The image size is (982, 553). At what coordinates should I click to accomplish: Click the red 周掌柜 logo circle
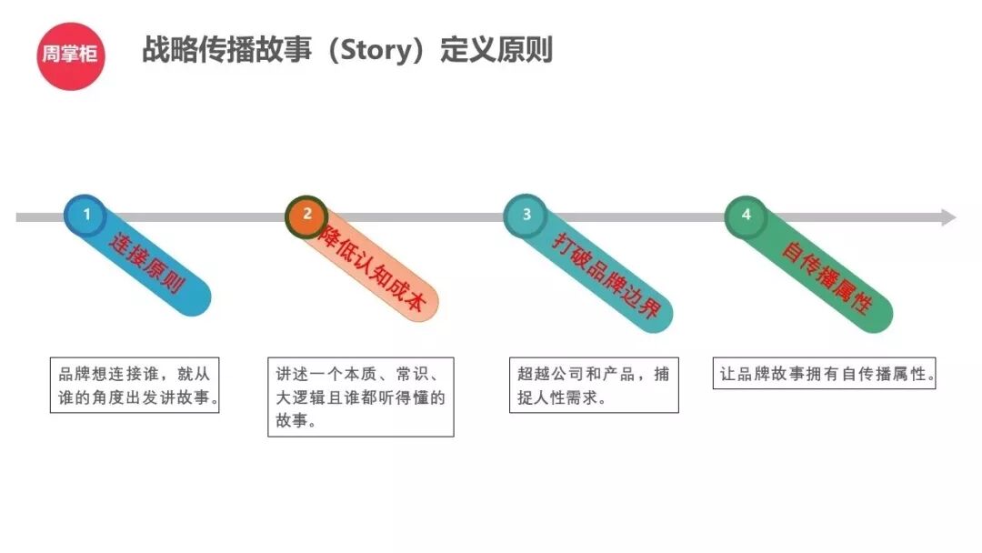[x=72, y=55]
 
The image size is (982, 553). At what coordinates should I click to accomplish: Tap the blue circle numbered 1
[x=86, y=216]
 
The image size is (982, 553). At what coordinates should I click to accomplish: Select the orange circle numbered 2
[x=306, y=216]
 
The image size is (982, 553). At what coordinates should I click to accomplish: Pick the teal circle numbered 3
[x=526, y=216]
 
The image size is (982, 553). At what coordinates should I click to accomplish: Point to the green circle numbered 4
[x=747, y=216]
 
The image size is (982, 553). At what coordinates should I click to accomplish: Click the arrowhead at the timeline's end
[x=947, y=217]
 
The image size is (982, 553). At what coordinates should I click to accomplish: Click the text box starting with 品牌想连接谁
[x=135, y=386]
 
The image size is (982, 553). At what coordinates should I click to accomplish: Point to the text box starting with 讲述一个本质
[x=361, y=397]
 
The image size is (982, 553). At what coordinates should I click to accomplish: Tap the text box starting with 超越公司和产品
[x=594, y=386]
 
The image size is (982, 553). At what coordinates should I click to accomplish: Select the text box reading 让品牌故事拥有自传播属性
[x=824, y=373]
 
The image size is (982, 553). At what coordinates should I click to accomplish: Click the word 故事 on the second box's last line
[x=292, y=422]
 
